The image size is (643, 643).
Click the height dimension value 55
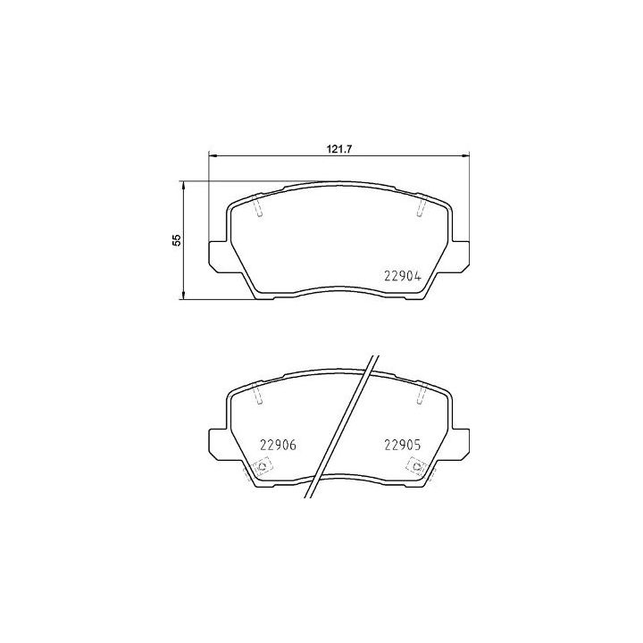point(176,239)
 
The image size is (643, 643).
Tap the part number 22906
point(277,444)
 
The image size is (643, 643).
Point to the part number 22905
point(402,444)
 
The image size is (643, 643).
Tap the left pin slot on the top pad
point(257,207)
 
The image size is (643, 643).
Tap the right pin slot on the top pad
point(420,207)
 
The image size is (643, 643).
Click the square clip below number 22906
point(263,466)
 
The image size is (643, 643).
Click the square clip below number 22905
point(415,466)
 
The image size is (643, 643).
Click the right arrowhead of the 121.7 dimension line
point(464,157)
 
